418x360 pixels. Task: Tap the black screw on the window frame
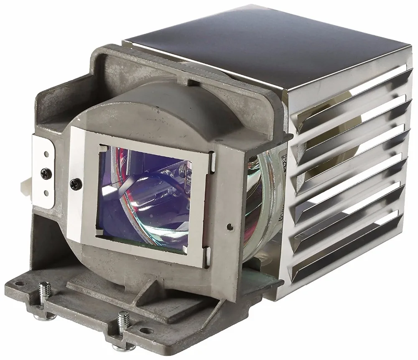coord(75,182)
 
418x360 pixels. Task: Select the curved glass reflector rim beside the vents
coord(268,209)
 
